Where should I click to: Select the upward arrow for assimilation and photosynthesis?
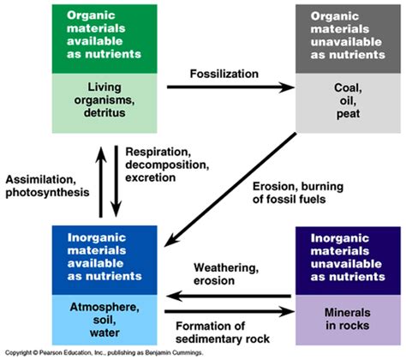point(102,179)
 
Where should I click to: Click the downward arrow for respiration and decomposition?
point(116,179)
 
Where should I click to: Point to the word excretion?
point(152,178)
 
